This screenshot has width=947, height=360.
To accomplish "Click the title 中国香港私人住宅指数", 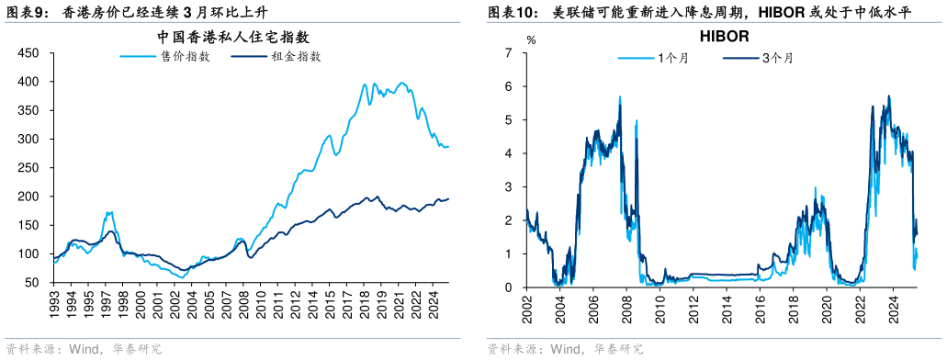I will [231, 38].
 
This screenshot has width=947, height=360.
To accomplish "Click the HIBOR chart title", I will [725, 38].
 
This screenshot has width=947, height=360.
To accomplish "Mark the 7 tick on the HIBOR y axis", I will [508, 53].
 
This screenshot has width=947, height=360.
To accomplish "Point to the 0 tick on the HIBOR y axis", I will [508, 287].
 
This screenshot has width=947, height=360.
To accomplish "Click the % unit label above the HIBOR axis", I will [530, 40].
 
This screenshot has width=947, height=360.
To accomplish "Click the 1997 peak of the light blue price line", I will [109, 212].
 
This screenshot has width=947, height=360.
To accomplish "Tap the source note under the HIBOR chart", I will [565, 350].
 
